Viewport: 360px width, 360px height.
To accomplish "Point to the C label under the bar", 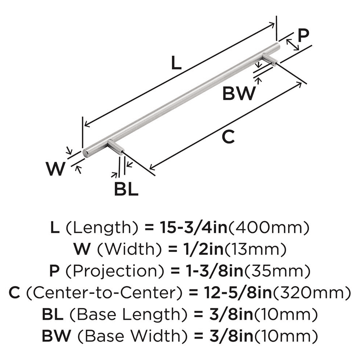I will tap(228, 137).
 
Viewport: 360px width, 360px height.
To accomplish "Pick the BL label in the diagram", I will tap(126, 189).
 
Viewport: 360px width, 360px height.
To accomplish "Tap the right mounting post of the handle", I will tap(269, 59).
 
